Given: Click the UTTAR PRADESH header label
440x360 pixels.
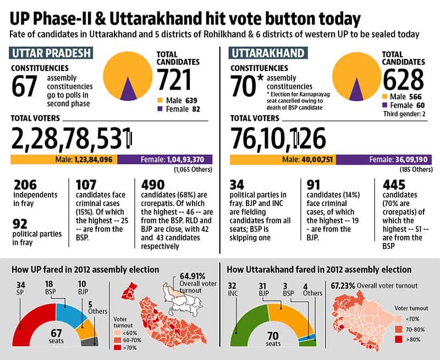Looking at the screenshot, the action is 51,53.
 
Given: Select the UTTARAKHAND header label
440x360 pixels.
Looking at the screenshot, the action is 268,53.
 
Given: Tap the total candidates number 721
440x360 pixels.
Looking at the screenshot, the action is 174,80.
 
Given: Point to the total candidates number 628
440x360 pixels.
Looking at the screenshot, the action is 403,80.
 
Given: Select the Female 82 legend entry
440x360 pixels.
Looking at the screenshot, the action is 179,109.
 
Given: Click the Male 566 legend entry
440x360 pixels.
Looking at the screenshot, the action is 402,97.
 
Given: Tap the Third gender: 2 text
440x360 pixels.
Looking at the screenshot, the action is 404,114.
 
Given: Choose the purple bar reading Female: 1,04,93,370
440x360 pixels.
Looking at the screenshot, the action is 165,159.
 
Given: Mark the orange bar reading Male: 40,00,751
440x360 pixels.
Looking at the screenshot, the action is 283,159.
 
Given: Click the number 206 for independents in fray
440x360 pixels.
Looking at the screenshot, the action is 25,185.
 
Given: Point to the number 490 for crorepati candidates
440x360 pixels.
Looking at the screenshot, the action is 153,185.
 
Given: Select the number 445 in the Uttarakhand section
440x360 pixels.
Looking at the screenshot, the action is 394,185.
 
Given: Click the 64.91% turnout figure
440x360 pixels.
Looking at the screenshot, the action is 192,276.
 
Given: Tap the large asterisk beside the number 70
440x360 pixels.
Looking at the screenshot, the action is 260,77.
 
